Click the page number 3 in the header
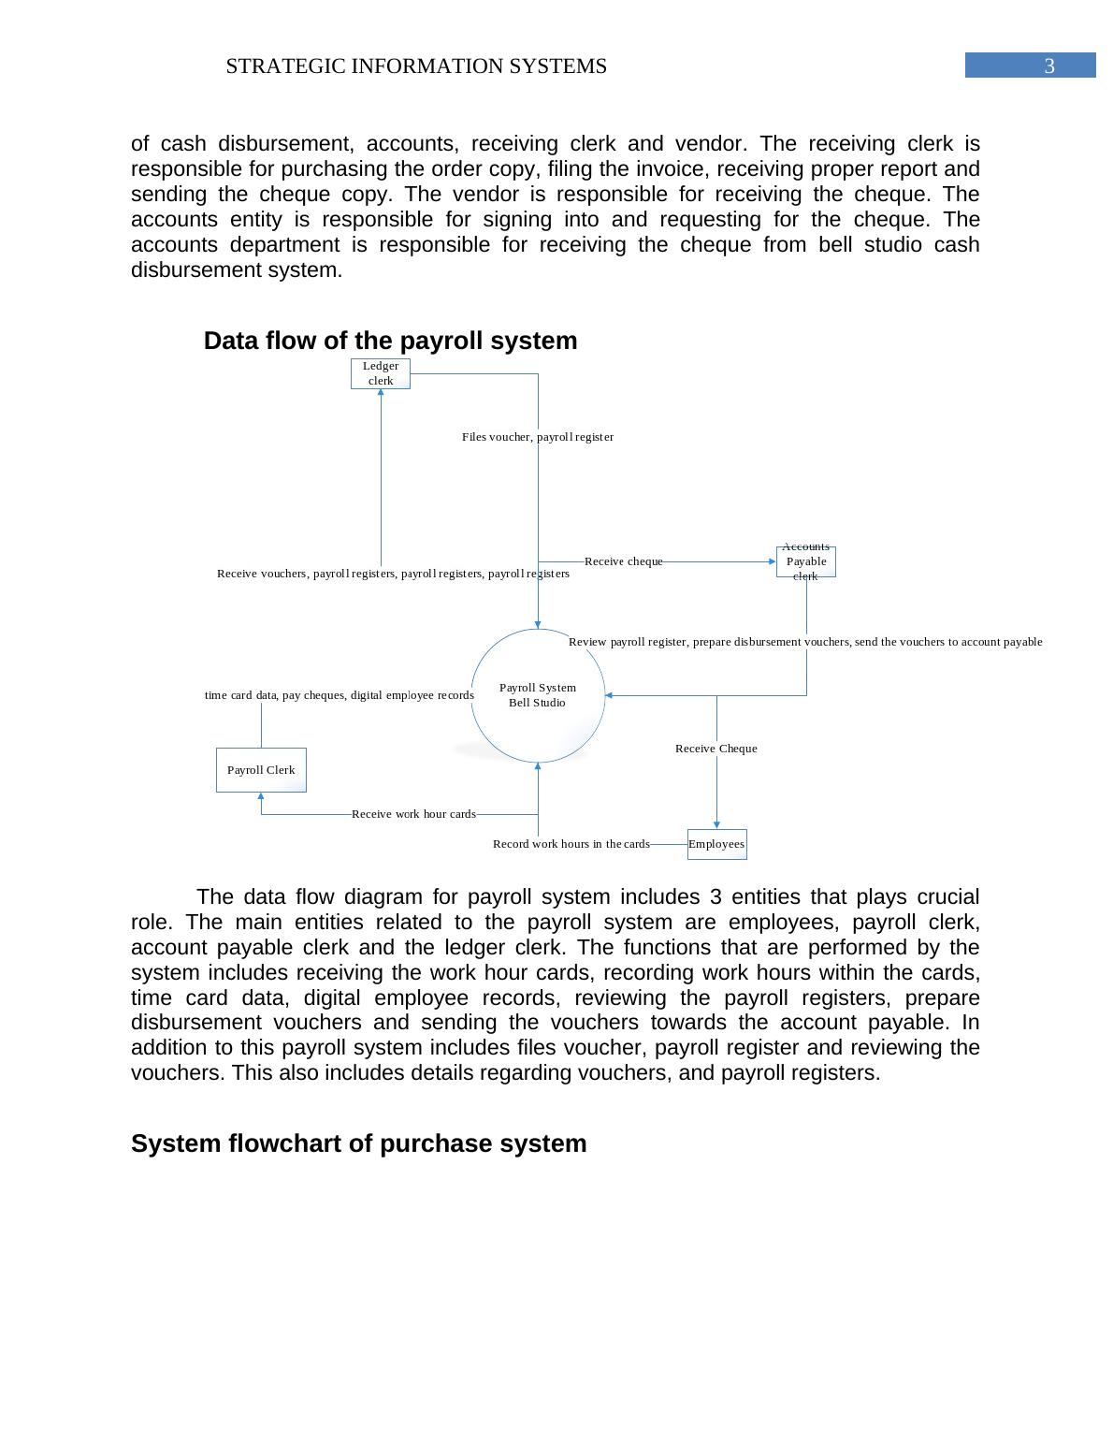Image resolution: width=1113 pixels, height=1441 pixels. click(x=1048, y=65)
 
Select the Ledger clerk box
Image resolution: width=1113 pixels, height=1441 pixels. click(x=381, y=373)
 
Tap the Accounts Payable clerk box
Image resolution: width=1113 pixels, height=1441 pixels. click(x=805, y=561)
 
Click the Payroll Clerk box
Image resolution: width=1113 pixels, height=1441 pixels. click(x=261, y=770)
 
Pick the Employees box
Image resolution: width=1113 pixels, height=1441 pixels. click(x=716, y=844)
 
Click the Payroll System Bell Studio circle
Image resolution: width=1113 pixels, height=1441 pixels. click(x=538, y=695)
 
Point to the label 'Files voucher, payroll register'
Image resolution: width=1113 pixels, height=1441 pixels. click(x=538, y=437)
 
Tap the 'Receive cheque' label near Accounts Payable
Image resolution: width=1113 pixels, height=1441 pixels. click(x=624, y=561)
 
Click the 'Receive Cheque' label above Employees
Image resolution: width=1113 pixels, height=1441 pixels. click(x=716, y=749)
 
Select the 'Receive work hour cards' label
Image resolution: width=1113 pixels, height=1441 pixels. click(x=413, y=814)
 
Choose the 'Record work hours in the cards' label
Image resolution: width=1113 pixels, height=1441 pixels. click(x=571, y=844)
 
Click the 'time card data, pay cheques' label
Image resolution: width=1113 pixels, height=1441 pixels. click(x=339, y=695)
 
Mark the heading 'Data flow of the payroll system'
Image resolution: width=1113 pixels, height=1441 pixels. click(x=390, y=341)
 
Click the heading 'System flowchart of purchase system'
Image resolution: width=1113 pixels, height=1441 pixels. click(x=358, y=1143)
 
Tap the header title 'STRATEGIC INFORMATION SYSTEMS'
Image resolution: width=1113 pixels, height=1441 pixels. click(x=416, y=66)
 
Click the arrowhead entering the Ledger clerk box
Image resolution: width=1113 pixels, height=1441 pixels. click(x=381, y=393)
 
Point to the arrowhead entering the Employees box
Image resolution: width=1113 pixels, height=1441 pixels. click(x=717, y=824)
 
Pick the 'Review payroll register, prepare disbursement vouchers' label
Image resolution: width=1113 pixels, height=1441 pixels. click(x=804, y=642)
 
